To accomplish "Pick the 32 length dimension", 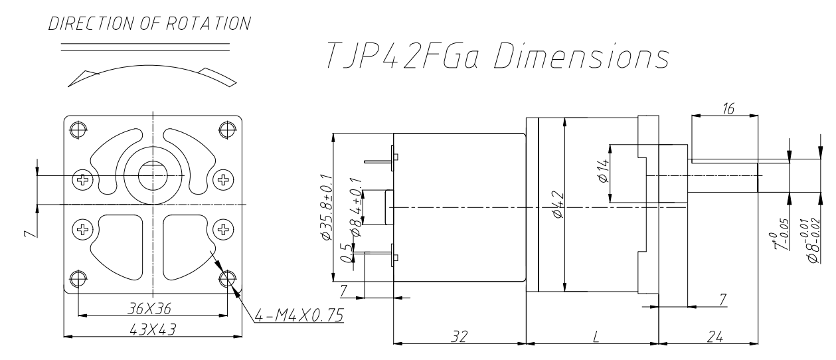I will coord(458,337).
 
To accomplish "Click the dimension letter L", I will coord(595,337).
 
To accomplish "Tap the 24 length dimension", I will coord(714,337).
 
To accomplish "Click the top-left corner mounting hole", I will coord(78,127).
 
